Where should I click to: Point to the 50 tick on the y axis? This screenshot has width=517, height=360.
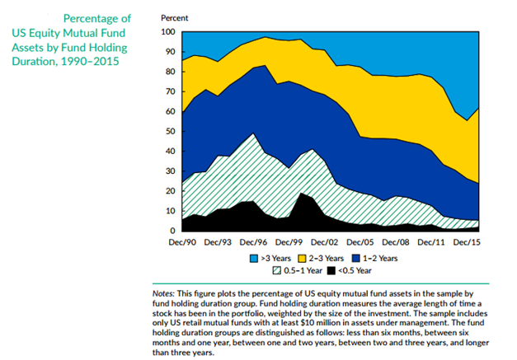click(x=170, y=132)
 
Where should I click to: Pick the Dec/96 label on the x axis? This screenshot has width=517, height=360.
click(x=253, y=243)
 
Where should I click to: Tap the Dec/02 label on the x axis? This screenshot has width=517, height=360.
click(x=323, y=243)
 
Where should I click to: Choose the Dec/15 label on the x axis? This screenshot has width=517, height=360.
click(x=465, y=243)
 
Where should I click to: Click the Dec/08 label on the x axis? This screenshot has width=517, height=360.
click(x=394, y=243)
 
